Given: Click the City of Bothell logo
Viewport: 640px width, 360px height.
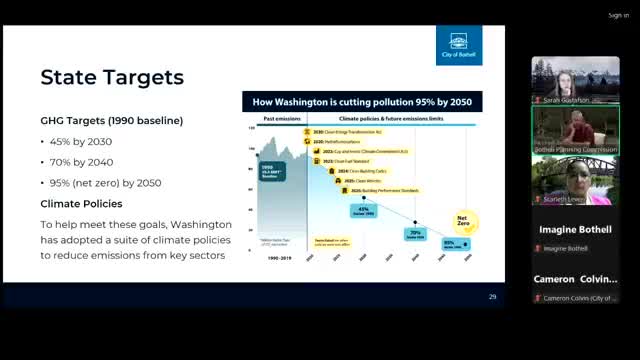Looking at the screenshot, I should tap(459, 45).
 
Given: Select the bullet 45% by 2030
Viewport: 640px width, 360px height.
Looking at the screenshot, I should tap(77, 141).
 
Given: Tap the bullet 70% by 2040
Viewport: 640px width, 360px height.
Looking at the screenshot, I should tap(77, 162).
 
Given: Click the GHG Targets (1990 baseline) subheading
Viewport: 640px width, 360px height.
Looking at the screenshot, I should tap(111, 120).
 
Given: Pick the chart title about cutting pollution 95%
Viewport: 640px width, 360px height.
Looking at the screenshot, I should tap(362, 101).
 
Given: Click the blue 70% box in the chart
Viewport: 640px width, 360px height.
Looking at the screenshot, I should tap(415, 234).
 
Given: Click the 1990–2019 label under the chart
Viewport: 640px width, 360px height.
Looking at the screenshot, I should tap(280, 257).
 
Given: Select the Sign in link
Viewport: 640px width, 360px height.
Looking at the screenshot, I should tap(618, 15).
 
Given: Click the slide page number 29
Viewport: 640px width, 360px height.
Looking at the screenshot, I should tap(492, 297).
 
